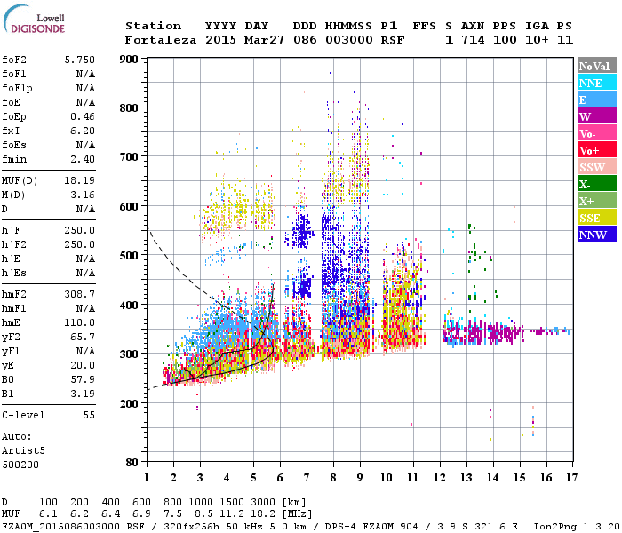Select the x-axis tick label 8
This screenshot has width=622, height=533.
(333, 478)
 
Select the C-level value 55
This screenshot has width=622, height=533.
(89, 415)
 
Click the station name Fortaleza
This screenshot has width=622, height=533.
(161, 40)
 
